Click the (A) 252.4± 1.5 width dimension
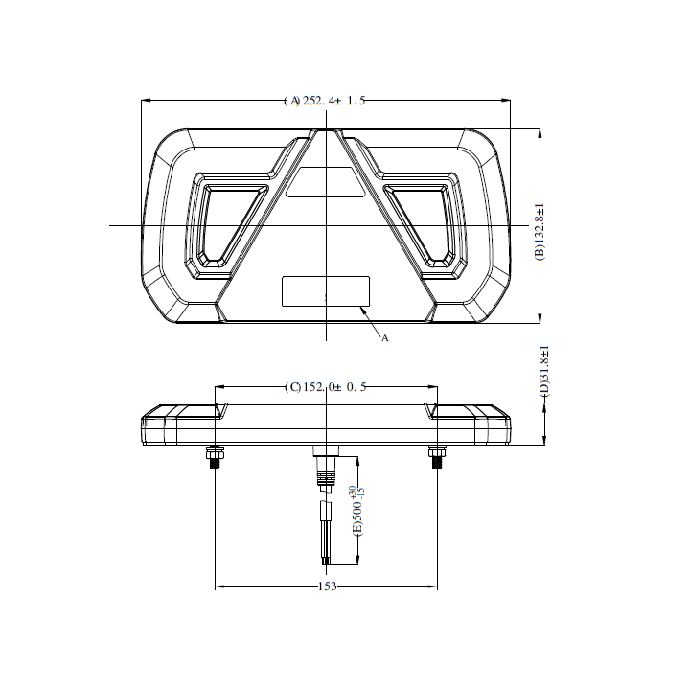point(325,101)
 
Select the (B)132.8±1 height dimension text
point(540,232)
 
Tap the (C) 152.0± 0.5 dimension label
point(326,387)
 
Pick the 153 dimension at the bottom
point(327,586)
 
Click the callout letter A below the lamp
point(384,337)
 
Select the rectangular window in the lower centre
point(326,291)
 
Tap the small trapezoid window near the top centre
point(326,182)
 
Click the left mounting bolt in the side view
point(215,456)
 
